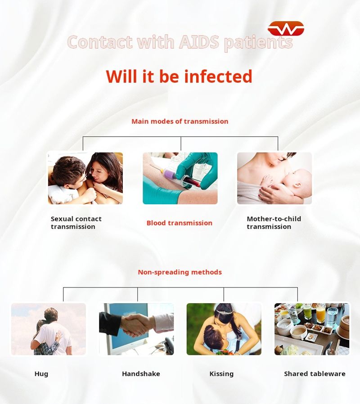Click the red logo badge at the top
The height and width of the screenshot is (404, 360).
click(286, 29)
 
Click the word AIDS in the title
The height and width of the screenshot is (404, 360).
click(199, 42)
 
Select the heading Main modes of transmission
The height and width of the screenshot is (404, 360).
click(180, 121)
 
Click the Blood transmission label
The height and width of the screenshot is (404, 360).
click(180, 223)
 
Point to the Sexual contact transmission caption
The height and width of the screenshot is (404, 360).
click(76, 223)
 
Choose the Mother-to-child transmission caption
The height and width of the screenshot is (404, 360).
click(274, 223)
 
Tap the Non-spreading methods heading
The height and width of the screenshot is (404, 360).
click(180, 272)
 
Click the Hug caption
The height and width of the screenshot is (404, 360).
click(41, 374)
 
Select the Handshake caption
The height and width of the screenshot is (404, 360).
click(141, 374)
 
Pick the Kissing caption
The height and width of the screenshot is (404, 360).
click(221, 374)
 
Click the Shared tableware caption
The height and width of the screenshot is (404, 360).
click(315, 374)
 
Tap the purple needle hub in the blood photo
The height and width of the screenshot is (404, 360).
click(169, 174)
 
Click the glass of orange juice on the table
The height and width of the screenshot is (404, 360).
click(320, 314)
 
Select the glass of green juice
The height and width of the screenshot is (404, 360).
click(307, 311)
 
